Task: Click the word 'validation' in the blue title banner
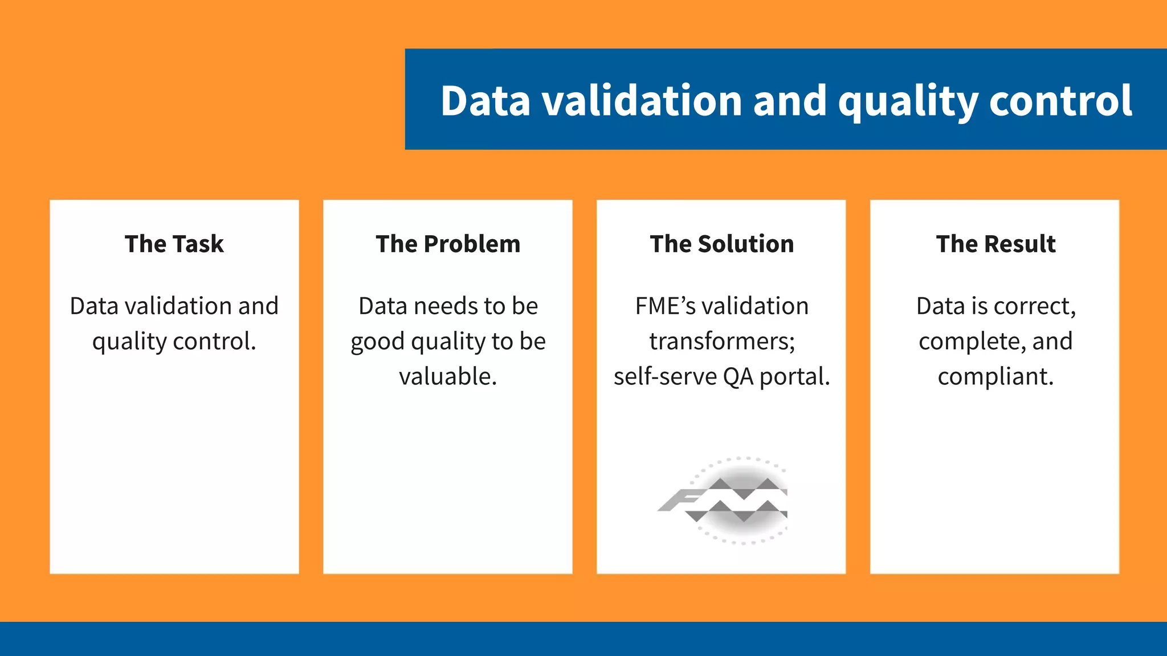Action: coord(642,101)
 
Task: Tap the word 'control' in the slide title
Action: coord(1060,101)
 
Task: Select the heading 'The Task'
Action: coord(174,244)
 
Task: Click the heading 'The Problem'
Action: coord(448,244)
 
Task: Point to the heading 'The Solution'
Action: coord(721,244)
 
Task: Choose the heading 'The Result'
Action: coord(995,244)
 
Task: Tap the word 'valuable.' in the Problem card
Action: coord(448,376)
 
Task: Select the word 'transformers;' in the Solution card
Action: coord(722,341)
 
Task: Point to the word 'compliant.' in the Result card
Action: coord(995,376)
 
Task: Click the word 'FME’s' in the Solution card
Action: coord(665,306)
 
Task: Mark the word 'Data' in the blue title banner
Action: coord(485,101)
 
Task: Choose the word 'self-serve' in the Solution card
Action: coord(664,376)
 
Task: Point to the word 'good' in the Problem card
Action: coord(377,342)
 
